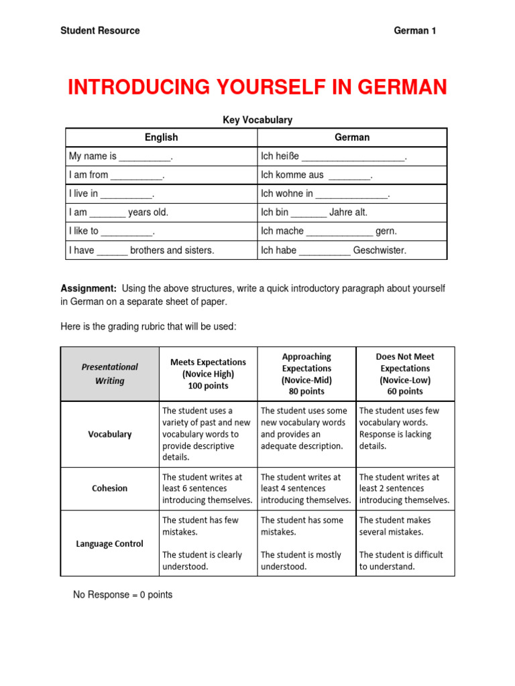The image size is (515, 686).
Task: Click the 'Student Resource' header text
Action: pos(100,31)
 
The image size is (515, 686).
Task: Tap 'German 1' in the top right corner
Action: pos(414,31)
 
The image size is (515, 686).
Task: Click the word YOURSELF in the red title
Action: pos(257,88)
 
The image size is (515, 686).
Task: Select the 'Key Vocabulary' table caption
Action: pos(257,120)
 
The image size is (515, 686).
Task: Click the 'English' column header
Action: pos(162,137)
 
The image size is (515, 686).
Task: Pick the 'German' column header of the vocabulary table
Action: pos(352,137)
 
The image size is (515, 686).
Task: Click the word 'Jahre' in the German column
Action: pos(341,212)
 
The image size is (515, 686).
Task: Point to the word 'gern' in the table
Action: pos(386,231)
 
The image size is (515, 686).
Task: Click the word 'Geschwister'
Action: pos(380,251)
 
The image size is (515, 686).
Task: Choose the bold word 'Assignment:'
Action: pos(89,288)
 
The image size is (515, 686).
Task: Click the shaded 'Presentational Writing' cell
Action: pos(110,374)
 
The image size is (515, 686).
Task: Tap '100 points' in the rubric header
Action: pos(208,386)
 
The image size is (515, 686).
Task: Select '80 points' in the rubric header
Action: pos(306,391)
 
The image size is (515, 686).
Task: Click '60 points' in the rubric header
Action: pos(405,391)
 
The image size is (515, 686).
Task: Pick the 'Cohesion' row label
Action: pos(110,488)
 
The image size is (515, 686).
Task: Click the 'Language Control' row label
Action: pos(110,543)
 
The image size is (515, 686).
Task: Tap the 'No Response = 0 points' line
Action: pos(123,595)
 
